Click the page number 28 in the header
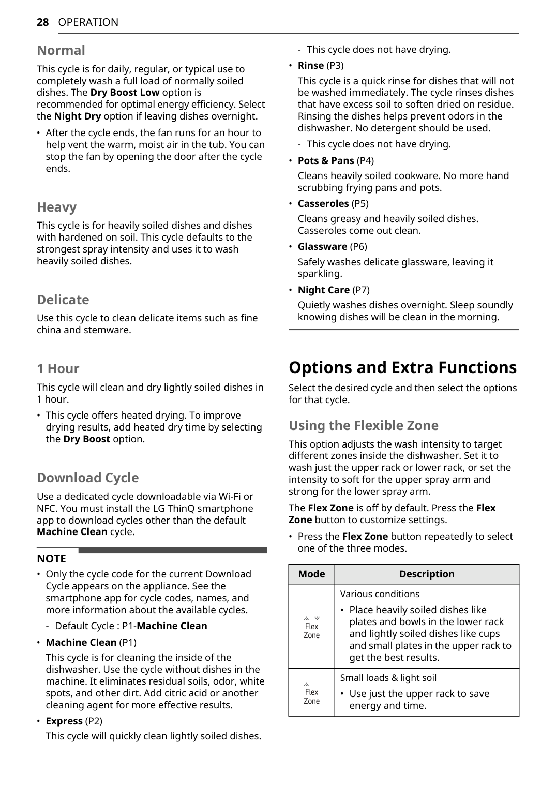pos(42,22)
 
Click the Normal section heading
pos(61,50)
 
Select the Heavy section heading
pos(56,207)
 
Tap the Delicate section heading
pos(63,300)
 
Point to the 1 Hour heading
pos(58,368)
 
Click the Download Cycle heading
pos(87,478)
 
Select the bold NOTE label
pos(51,559)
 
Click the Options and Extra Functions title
pos(402,367)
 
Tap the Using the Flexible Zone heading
pos(363,425)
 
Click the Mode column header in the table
pos(311,574)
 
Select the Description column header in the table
pos(427,574)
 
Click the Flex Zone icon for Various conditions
pos(311,627)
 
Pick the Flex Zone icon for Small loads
pos(311,693)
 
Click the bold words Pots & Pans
pos(326,161)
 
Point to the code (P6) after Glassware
pos(358,247)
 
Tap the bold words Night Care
pos(323,290)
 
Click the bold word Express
pos(64,721)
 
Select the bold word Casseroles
pos(323,204)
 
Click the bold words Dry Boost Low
pos(125,93)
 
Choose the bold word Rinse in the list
pos(311,66)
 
